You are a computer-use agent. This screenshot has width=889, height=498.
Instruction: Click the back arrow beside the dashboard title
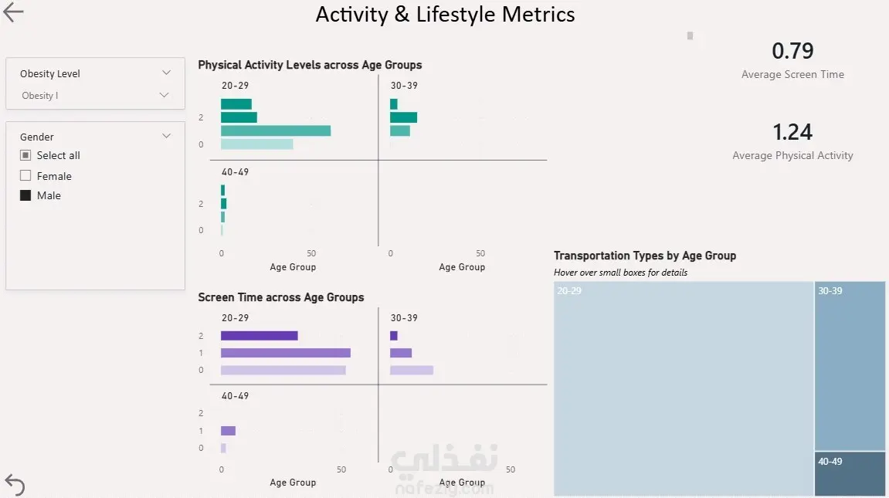(14, 12)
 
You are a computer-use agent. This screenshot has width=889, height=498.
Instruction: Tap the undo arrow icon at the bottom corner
(15, 484)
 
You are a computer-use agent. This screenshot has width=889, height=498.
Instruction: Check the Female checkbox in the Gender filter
(25, 176)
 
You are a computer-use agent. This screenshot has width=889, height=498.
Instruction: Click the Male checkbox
(25, 195)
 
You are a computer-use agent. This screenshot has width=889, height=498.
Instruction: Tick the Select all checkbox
(25, 155)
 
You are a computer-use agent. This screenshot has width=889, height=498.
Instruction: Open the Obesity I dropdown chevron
(164, 95)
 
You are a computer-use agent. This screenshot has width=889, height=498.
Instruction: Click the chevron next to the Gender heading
(166, 136)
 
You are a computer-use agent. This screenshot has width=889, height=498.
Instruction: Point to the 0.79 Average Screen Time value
(792, 51)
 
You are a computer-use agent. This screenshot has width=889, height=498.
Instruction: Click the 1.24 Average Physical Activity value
(792, 132)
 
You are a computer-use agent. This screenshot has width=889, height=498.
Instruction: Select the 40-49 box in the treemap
(850, 473)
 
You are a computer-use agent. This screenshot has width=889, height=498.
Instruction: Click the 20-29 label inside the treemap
(569, 291)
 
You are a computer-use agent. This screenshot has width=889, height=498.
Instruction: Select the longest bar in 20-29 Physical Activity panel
(276, 130)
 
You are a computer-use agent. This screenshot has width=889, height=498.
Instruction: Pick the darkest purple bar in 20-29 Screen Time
(259, 336)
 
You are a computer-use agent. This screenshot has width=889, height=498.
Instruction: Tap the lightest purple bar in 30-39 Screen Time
(411, 370)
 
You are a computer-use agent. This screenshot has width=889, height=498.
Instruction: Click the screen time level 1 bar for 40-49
(228, 431)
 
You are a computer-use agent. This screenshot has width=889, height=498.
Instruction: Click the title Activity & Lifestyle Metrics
(445, 15)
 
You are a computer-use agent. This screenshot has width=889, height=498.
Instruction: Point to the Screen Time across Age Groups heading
(280, 297)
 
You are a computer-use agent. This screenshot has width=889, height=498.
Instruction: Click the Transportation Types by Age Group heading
(644, 256)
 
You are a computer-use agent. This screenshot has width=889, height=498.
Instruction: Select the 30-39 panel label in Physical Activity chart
(405, 86)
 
